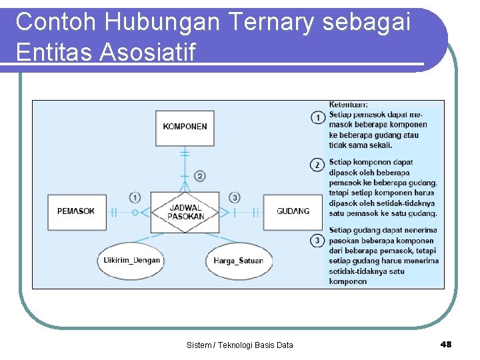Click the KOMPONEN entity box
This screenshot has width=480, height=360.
click(185, 127)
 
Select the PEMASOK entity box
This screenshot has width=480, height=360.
click(76, 211)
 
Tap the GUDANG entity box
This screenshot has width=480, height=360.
click(293, 211)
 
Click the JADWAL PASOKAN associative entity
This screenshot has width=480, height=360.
click(185, 212)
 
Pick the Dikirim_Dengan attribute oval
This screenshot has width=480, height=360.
click(131, 260)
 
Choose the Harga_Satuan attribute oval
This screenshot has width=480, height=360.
click(238, 261)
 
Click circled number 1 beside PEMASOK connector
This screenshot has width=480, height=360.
click(135, 197)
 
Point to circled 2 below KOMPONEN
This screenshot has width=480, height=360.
click(200, 176)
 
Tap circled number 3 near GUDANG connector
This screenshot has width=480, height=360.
click(235, 197)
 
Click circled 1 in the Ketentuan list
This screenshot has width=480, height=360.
click(318, 118)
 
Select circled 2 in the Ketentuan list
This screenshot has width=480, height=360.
click(318, 164)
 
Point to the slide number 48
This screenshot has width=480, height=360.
click(446, 344)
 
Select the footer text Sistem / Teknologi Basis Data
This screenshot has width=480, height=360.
click(240, 345)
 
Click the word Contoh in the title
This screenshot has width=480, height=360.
click(56, 22)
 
